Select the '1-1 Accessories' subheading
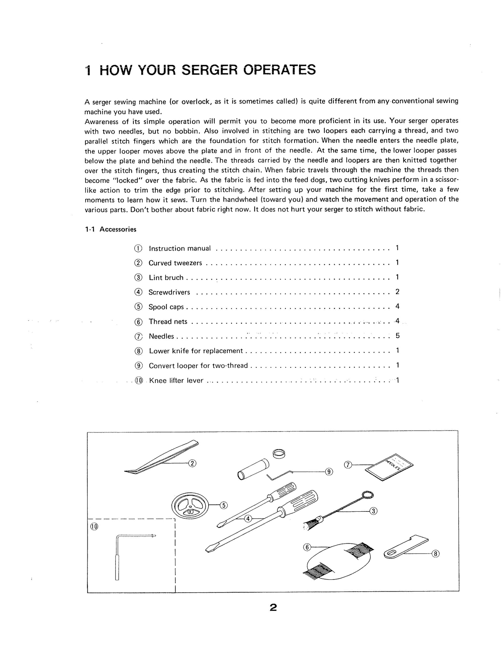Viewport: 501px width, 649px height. click(111, 229)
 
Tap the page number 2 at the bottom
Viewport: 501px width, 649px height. click(273, 608)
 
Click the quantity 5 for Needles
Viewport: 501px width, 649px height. click(397, 336)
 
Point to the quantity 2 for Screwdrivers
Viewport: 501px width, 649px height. click(397, 292)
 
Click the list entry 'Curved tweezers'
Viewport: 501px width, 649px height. click(175, 263)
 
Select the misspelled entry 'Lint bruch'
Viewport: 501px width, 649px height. click(166, 278)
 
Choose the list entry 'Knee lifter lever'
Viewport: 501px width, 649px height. click(176, 380)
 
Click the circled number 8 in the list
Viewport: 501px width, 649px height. click(138, 351)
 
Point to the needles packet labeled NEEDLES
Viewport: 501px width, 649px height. click(389, 467)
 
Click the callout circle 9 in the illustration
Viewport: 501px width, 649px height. click(328, 472)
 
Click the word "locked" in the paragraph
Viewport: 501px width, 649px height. click(125, 180)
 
